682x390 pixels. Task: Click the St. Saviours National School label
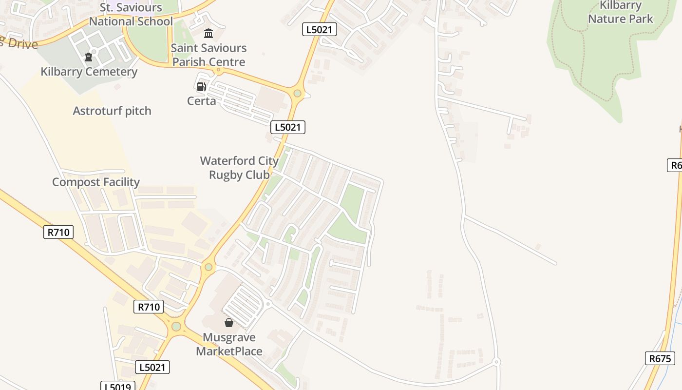pos(131,15)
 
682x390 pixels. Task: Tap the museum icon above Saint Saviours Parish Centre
pos(208,33)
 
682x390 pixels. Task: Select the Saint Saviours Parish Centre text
pos(208,55)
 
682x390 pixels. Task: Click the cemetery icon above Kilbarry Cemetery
pos(89,58)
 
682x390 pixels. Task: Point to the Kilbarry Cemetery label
pos(89,72)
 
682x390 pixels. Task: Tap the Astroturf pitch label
pos(112,111)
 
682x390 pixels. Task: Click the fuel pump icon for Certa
pos(201,87)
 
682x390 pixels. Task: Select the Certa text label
pos(201,101)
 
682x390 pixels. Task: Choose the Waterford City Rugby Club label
pos(239,167)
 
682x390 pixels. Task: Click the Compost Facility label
pos(96,182)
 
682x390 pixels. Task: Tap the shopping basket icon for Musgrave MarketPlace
pos(229,323)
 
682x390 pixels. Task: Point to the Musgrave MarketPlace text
pos(229,344)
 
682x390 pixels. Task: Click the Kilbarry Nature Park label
pos(620,12)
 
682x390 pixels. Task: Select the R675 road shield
pos(660,358)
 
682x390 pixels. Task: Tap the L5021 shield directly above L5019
pos(152,367)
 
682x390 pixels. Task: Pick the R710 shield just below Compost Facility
pos(58,232)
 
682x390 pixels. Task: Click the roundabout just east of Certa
pos(297,93)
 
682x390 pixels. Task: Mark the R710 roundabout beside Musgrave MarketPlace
pos(176,326)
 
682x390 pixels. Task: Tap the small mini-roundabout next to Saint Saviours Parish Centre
pos(218,70)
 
